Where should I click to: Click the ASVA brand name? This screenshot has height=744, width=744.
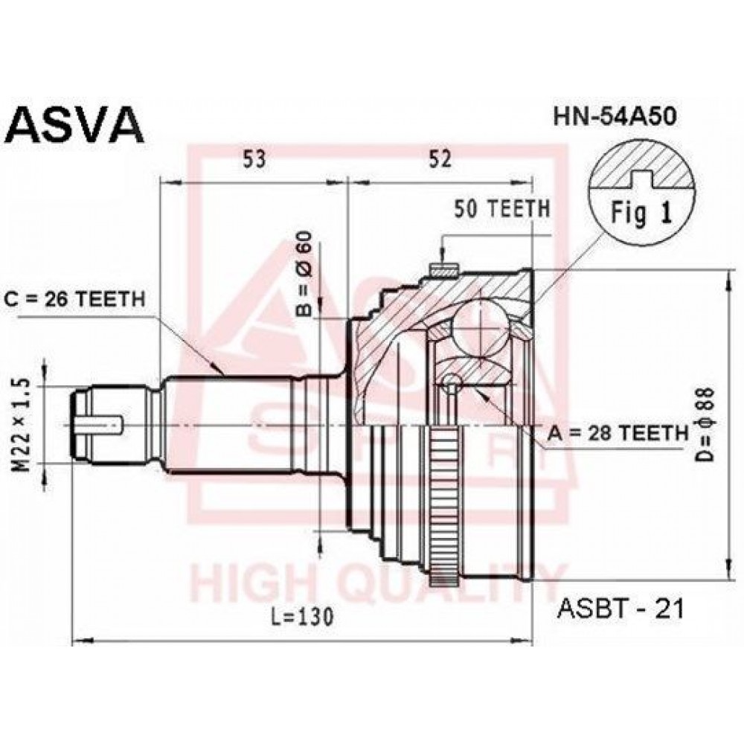76,125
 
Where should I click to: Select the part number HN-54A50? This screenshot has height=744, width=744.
615,117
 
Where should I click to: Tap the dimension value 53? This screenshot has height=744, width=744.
254,159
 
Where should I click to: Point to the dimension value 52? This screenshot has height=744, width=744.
440,159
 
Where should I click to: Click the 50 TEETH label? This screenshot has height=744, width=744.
502,209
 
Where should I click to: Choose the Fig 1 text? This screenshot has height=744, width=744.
641,214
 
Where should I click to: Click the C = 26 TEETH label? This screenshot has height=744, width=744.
75,299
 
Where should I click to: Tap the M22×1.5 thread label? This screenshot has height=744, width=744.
22,425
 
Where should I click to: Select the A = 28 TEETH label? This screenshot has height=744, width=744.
618,432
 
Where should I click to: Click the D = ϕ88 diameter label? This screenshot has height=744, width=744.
705,425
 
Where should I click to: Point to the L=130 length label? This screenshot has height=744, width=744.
303,616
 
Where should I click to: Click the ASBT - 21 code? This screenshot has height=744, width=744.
621,609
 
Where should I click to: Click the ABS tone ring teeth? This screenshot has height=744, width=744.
445,504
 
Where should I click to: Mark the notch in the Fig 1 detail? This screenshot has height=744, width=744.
641,179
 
